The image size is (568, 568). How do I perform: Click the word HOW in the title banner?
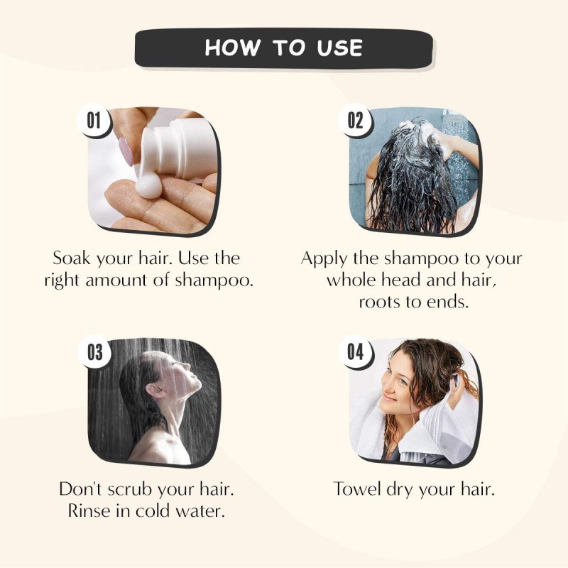[x=232, y=48]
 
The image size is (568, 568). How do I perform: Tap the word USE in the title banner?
[x=339, y=48]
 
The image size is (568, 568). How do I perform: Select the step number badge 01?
[x=94, y=120]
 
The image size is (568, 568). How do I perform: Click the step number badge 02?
[x=355, y=120]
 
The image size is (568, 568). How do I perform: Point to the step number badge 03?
[x=95, y=351]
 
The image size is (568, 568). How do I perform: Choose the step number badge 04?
[x=355, y=351]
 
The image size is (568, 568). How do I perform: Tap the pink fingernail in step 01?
[x=126, y=151]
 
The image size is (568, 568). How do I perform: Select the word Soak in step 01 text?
[x=71, y=258]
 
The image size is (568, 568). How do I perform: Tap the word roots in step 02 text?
[x=379, y=302]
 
